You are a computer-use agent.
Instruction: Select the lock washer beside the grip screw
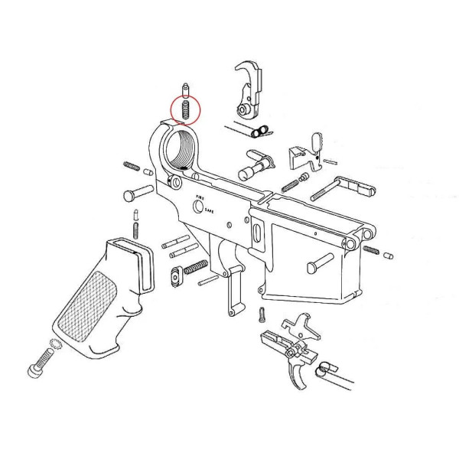tap(56, 346)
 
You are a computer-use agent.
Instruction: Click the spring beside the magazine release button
tap(197, 265)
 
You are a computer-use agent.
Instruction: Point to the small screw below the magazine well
tap(262, 313)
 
